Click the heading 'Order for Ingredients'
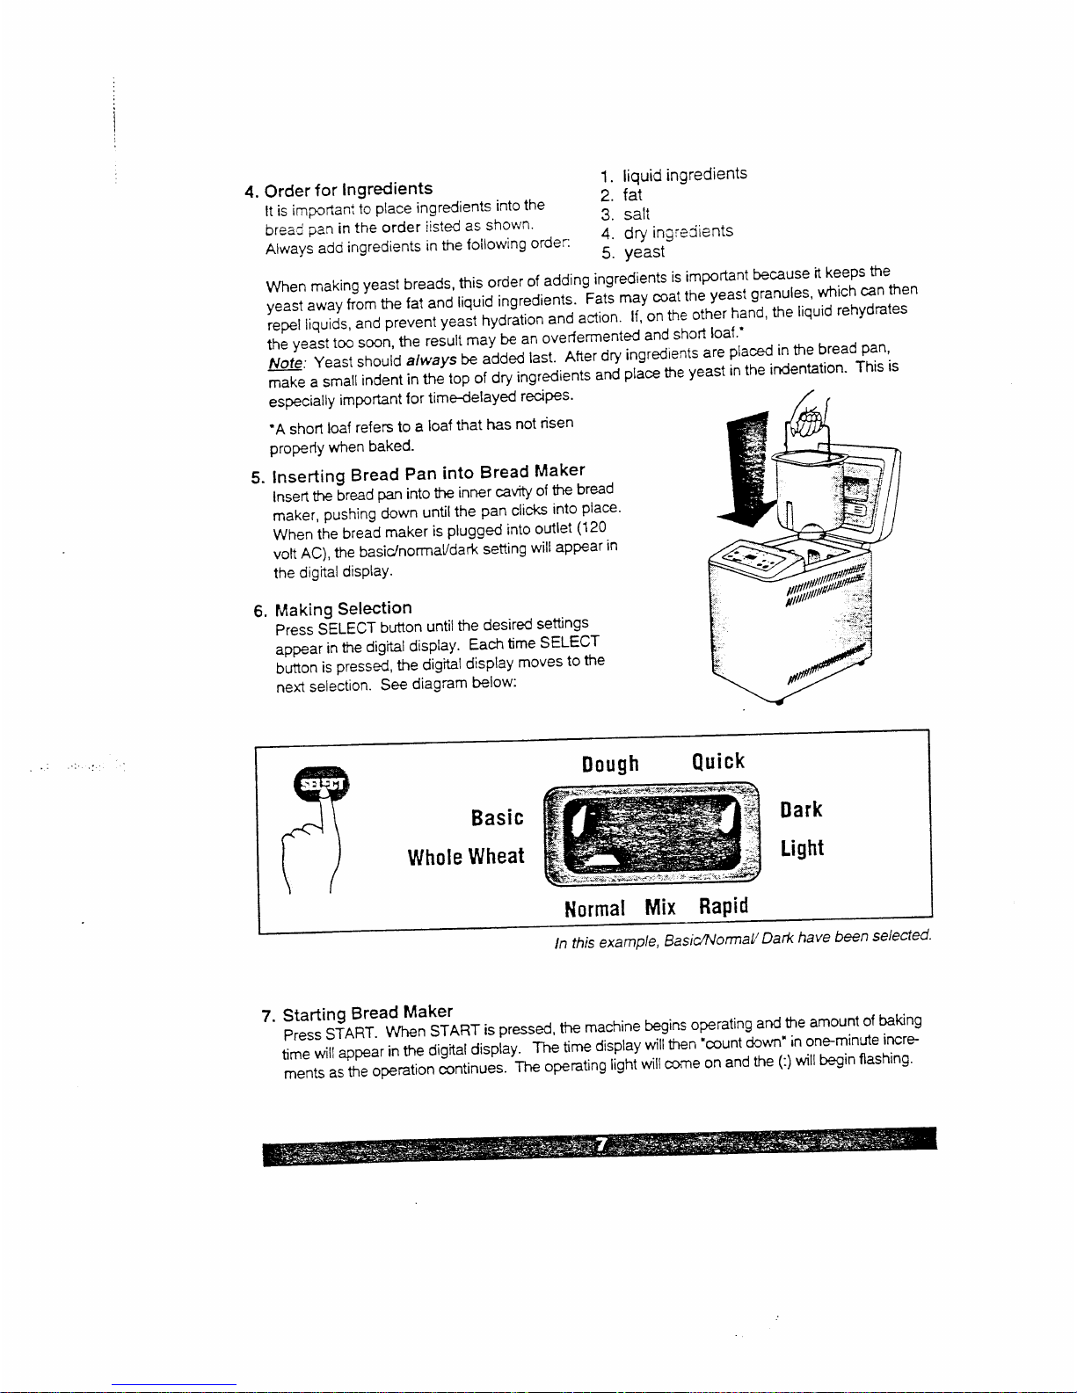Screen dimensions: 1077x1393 coord(348,189)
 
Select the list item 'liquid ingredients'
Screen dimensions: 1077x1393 coord(684,174)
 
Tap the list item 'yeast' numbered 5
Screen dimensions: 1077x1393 coord(644,252)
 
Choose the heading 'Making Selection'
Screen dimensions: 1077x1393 coord(343,608)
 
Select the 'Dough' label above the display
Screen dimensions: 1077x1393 coord(610,763)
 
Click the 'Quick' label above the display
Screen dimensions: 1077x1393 coord(718,761)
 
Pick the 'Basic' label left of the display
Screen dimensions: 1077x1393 coord(497,818)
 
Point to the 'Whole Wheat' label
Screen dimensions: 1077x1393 coord(465,856)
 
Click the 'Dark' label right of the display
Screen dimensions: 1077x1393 coord(801,809)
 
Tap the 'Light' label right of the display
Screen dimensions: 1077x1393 coord(802,848)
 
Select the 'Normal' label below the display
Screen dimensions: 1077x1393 coord(595,908)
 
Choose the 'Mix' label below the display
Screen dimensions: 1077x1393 coord(660,907)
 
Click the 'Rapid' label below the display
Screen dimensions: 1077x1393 coord(724,905)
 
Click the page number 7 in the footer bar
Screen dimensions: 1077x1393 coord(601,1145)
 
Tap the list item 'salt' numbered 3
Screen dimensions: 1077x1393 coord(637,214)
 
